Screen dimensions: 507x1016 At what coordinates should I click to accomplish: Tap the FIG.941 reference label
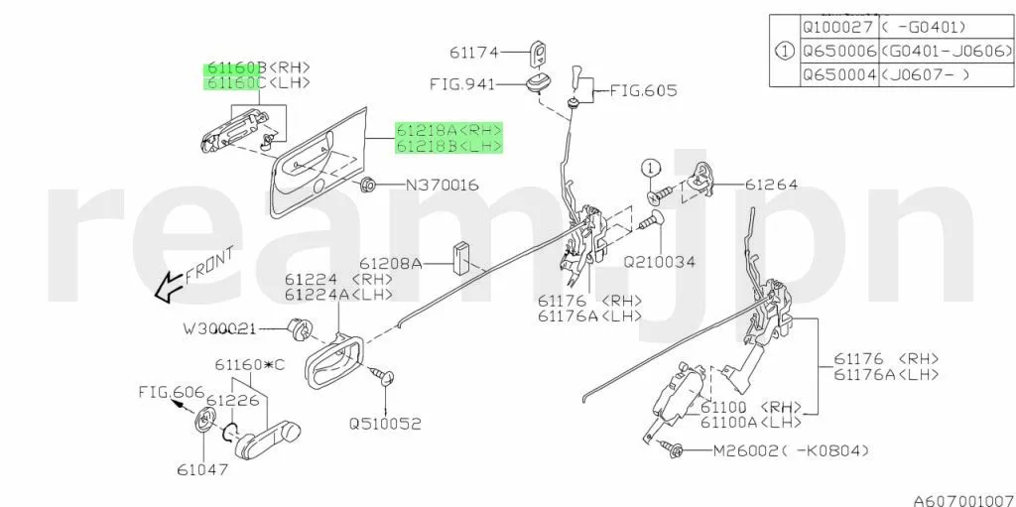(x=461, y=84)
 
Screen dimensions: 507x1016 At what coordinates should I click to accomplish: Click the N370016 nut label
(x=442, y=185)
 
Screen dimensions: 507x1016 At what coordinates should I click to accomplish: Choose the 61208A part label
(x=391, y=264)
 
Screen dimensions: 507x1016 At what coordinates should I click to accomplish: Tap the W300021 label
(x=219, y=326)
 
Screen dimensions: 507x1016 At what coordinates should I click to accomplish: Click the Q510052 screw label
(x=385, y=423)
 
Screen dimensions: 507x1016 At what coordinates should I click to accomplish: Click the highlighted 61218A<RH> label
(x=449, y=129)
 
